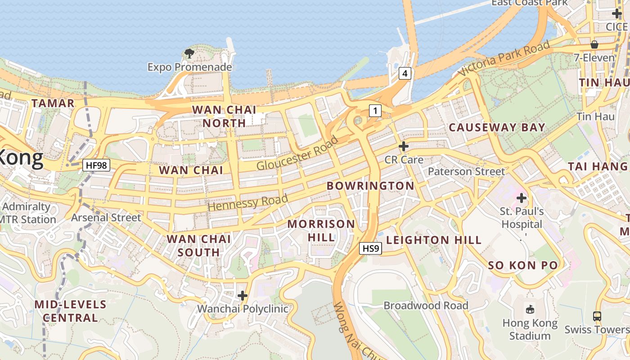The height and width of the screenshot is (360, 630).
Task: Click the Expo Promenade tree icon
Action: [x=189, y=54]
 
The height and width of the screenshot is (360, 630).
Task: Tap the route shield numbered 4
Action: [x=405, y=73]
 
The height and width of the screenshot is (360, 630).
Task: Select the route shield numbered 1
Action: [x=375, y=110]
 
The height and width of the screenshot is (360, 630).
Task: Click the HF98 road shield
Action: [x=97, y=165]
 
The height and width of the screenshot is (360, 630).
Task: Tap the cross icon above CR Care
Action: [x=404, y=146]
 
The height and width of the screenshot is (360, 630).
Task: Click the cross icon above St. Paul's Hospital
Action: [x=522, y=198]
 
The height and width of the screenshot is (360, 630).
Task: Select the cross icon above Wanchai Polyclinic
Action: [x=243, y=296]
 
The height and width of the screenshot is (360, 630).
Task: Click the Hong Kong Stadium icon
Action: [x=530, y=309]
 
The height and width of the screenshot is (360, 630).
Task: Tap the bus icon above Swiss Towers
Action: [x=597, y=316]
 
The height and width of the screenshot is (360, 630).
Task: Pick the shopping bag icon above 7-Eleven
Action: [x=594, y=45]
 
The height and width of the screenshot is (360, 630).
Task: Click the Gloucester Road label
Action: [x=297, y=153]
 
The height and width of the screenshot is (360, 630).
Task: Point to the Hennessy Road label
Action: [x=248, y=202]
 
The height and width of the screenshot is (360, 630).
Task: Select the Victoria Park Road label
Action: [x=504, y=58]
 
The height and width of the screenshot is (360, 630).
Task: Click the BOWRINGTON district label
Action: [x=370, y=186]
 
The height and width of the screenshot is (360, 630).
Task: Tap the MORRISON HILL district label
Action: [x=321, y=230]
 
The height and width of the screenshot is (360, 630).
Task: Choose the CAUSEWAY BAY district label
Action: [x=497, y=127]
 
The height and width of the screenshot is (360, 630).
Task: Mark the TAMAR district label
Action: [x=53, y=103]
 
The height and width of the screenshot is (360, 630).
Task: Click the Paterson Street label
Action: [x=466, y=171]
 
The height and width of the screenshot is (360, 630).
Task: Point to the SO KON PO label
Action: [x=523, y=265]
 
